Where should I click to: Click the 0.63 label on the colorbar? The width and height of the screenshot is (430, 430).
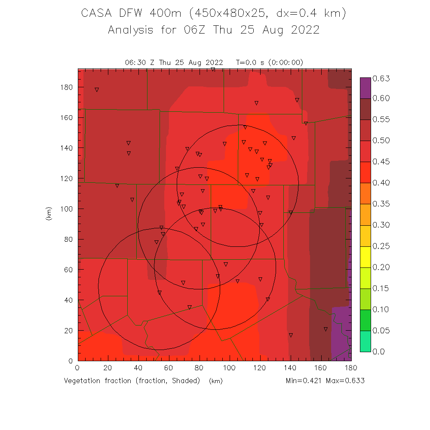[381, 78]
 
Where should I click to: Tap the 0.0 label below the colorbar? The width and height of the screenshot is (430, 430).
[378, 352]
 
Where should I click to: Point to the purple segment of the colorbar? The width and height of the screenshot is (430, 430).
[365, 88]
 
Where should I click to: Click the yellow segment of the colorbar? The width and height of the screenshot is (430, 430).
[365, 257]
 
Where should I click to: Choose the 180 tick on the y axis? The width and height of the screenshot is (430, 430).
[67, 87]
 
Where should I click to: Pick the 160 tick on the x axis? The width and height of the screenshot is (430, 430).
[321, 368]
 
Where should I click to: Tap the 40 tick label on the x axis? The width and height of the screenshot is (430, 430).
[138, 368]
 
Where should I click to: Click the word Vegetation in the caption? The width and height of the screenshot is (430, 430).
[84, 381]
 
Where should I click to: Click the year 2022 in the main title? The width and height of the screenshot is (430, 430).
[304, 31]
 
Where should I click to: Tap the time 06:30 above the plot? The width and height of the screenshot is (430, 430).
[135, 62]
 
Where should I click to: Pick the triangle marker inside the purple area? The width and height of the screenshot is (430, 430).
[326, 329]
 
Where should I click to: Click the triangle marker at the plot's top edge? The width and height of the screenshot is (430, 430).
[213, 69]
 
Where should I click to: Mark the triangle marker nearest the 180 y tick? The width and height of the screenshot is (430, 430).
[97, 90]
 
